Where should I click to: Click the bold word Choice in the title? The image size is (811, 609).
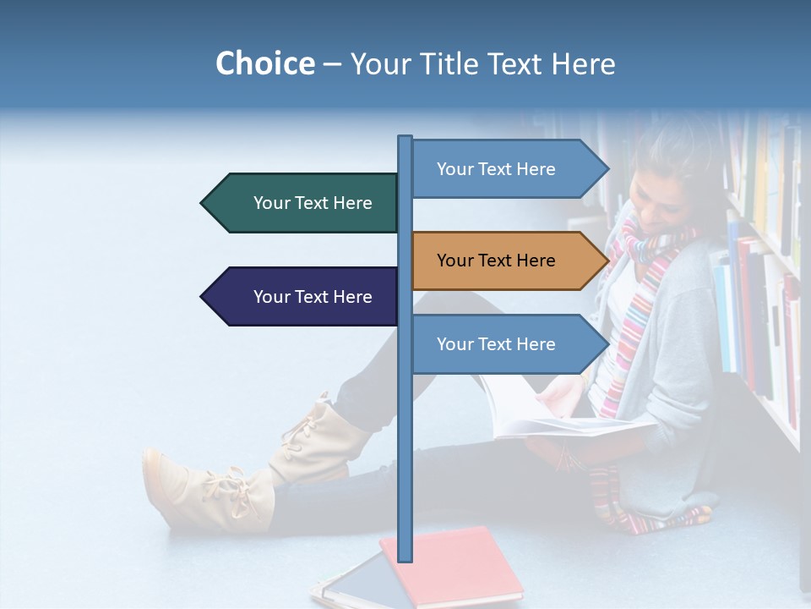click(264, 63)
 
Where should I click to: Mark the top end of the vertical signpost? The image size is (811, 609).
click(405, 138)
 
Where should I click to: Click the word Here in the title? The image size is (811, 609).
click(582, 63)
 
